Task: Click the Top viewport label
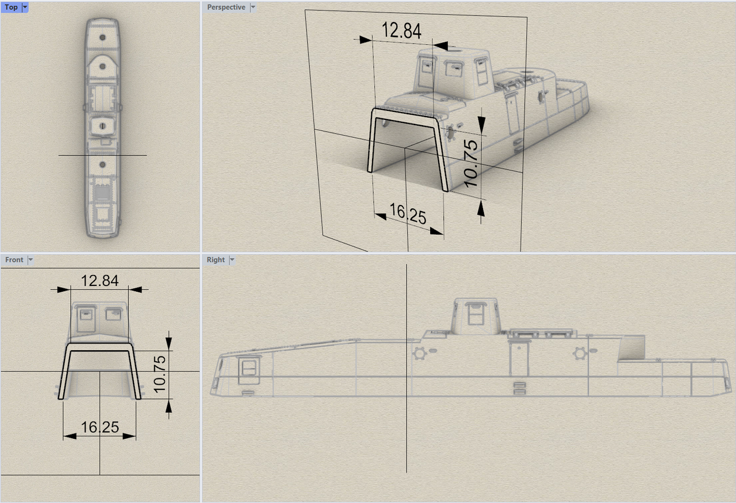pyautogui.click(x=11, y=7)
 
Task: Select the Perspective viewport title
pyautogui.click(x=226, y=7)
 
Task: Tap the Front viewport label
pyautogui.click(x=14, y=260)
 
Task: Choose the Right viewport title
pyautogui.click(x=216, y=260)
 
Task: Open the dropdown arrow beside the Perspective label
pyautogui.click(x=253, y=7)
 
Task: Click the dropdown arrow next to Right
pyautogui.click(x=232, y=260)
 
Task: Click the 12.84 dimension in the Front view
pyautogui.click(x=99, y=281)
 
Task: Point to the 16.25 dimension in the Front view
pyautogui.click(x=100, y=427)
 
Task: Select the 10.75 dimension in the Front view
pyautogui.click(x=160, y=374)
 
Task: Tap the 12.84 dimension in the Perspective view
pyautogui.click(x=401, y=30)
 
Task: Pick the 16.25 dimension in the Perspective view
pyautogui.click(x=408, y=214)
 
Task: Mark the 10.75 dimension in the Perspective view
pyautogui.click(x=471, y=164)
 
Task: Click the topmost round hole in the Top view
pyautogui.click(x=102, y=37)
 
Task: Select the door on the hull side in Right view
pyautogui.click(x=519, y=358)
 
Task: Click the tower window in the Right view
pyautogui.click(x=476, y=314)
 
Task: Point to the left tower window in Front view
pyautogui.click(x=86, y=319)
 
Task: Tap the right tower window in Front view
pyautogui.click(x=114, y=314)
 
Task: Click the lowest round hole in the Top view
pyautogui.click(x=102, y=164)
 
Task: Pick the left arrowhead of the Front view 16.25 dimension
pyautogui.click(x=70, y=436)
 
